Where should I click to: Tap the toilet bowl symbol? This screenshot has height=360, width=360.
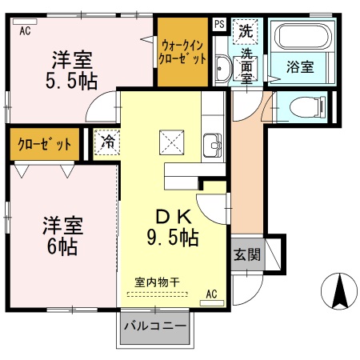307,107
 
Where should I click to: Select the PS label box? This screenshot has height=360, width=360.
219,24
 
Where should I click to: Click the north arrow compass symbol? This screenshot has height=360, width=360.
338,291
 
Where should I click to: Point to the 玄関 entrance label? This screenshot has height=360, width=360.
247,254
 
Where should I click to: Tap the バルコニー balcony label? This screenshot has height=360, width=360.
155,326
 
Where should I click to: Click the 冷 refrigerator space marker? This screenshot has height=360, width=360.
107,142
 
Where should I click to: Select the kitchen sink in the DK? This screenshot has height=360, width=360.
212,146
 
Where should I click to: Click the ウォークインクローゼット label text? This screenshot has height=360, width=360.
182,52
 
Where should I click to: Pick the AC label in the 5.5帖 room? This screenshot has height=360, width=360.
25,31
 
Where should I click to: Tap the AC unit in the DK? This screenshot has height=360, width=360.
212,303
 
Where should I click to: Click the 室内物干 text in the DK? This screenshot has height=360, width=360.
157,282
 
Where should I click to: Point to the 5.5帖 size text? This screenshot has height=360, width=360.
71,81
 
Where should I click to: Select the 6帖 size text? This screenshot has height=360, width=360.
62,246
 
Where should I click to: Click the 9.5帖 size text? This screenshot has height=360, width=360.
173,238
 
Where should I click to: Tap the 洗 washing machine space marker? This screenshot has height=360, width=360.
246,31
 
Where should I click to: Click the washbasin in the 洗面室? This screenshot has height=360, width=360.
222,69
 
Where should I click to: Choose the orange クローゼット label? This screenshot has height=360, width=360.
45,144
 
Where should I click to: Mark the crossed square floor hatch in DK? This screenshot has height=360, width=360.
172,142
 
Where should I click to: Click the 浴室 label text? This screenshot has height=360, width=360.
300,66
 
